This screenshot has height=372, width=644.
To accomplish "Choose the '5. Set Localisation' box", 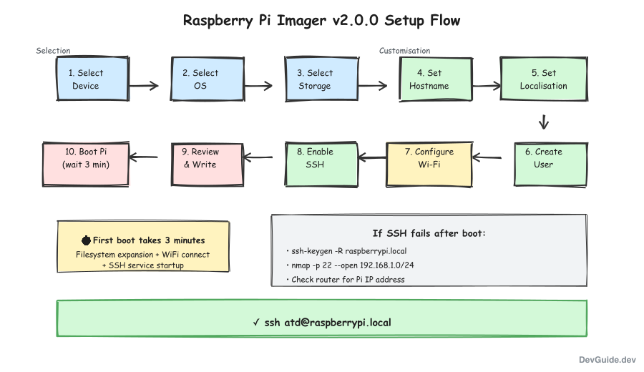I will pos(544,79).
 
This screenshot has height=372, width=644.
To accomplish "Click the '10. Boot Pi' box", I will pos(86,158).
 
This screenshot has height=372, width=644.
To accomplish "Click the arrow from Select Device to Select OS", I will pos(143,86).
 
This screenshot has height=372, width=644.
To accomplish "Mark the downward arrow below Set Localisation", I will pos(544,122).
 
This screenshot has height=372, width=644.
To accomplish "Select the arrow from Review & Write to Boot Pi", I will pos(144,157).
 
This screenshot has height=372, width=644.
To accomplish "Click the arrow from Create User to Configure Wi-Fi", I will pos(487,157).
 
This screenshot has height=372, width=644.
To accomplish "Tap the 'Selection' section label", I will pos(54,51).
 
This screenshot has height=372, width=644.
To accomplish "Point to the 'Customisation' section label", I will pos(404,51).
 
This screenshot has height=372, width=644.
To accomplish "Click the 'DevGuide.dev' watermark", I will pos(607,360).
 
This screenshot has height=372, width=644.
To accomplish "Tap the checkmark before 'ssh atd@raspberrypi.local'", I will pos(256,323).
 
